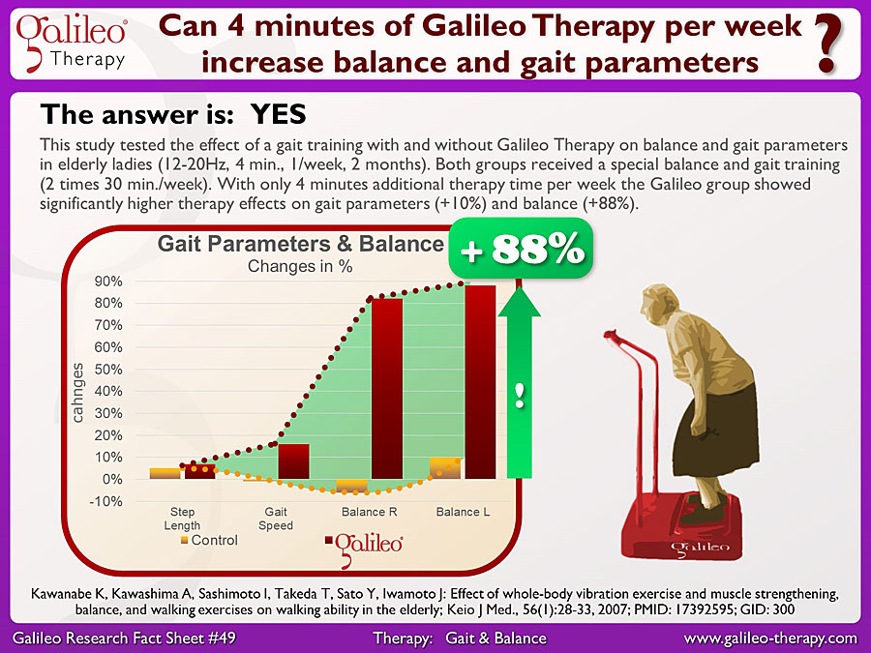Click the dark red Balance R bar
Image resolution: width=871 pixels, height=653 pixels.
(x=387, y=389)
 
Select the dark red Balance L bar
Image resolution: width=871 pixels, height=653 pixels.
(x=480, y=382)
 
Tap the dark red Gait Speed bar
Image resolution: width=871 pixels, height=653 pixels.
(x=294, y=461)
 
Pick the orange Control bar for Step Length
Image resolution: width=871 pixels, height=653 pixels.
(x=165, y=473)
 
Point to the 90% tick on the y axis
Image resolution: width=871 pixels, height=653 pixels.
(x=108, y=281)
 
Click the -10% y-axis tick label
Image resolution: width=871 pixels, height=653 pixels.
(x=105, y=501)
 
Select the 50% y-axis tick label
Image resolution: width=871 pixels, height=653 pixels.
(x=108, y=370)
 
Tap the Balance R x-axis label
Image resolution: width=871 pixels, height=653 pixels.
(x=370, y=512)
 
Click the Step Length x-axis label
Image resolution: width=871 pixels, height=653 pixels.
(x=182, y=519)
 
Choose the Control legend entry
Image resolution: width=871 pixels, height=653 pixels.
(x=209, y=540)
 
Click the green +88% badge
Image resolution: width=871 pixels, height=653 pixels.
(x=521, y=249)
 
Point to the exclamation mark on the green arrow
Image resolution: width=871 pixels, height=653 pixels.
(x=520, y=396)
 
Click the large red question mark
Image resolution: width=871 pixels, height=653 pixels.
(x=827, y=44)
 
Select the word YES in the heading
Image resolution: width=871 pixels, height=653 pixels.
(x=279, y=114)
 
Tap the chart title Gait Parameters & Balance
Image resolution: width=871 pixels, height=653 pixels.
(x=301, y=244)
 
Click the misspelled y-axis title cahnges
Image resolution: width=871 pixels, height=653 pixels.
(x=77, y=393)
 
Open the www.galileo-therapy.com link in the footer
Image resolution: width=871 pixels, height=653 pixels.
(x=770, y=638)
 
